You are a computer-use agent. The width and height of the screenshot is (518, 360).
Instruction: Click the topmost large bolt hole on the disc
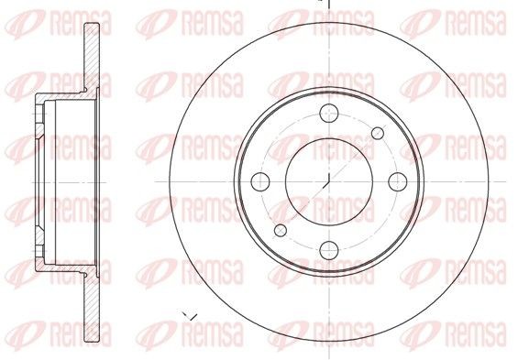click(x=328, y=114)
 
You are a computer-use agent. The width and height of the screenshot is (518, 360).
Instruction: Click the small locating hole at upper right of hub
click(x=375, y=133)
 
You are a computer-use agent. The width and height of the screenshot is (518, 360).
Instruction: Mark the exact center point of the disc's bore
click(x=328, y=180)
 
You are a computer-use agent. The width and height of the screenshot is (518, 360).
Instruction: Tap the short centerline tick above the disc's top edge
click(x=328, y=4)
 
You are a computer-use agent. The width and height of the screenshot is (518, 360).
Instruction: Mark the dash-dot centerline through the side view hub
click(x=55, y=180)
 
